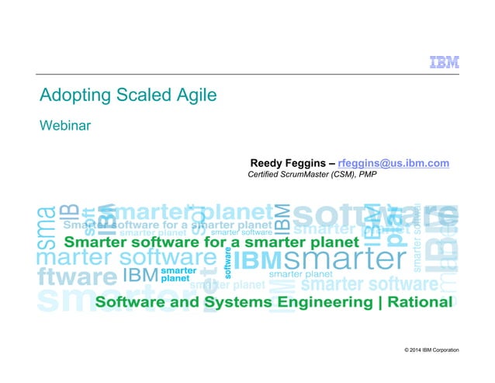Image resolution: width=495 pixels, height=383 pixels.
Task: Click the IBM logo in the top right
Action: point(444,63)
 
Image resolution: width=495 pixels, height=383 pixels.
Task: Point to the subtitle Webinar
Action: point(66,125)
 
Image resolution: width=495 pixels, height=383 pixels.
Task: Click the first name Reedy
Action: point(268,162)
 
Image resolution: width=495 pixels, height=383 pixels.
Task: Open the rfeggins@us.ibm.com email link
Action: point(393,162)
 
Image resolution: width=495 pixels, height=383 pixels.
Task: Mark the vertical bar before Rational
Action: point(379,301)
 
